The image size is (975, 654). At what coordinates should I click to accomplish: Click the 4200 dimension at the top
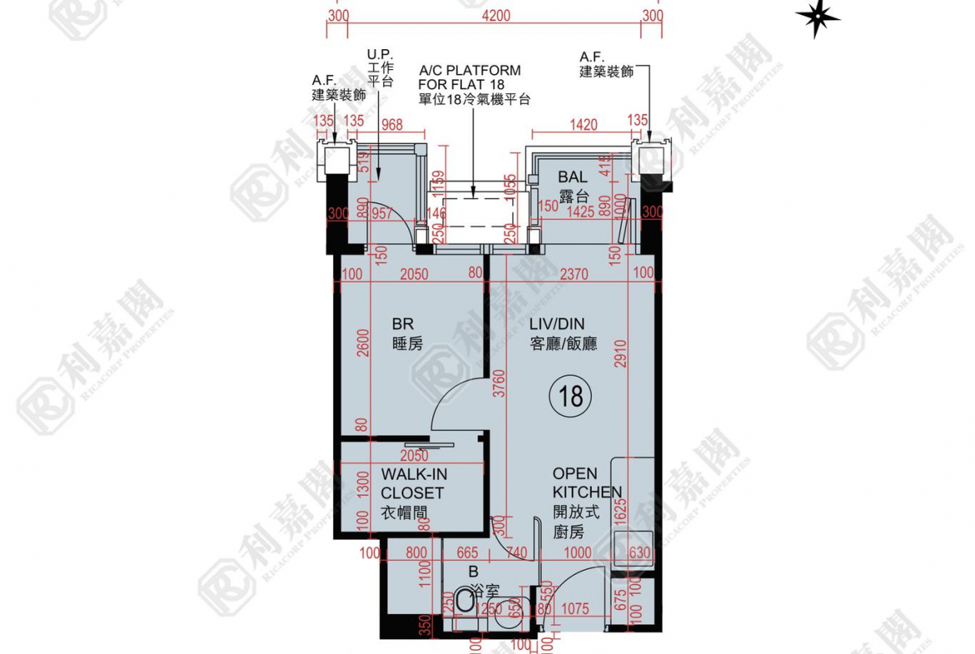coord(495,15)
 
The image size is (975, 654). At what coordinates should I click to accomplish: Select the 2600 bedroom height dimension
coord(361,342)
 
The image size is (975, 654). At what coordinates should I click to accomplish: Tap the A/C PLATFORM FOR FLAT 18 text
coord(471,84)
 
